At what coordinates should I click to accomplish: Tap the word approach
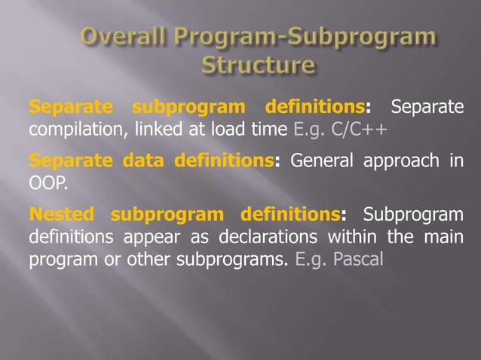click(407, 161)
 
